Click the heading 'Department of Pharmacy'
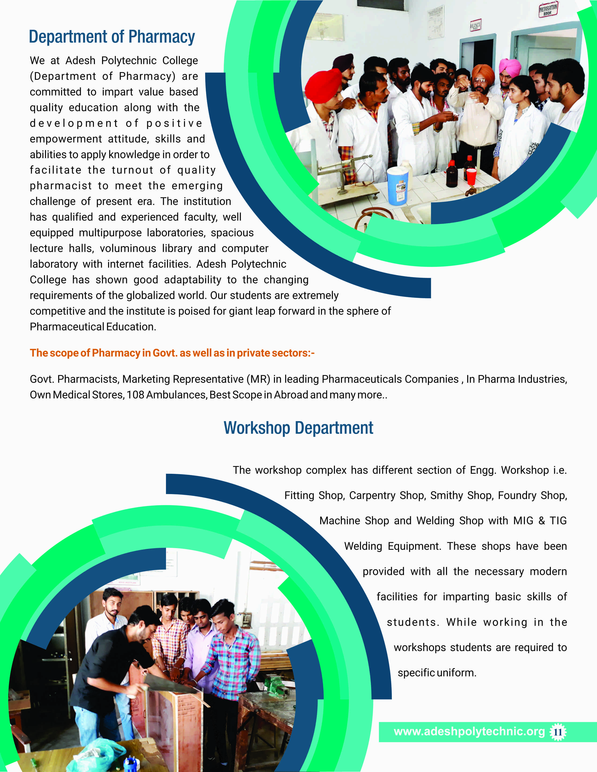coord(112,37)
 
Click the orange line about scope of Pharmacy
coord(172,353)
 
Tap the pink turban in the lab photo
coord(510,66)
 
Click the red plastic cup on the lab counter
coord(472,176)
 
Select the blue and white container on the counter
coord(398,186)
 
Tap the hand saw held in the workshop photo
coord(170,682)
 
